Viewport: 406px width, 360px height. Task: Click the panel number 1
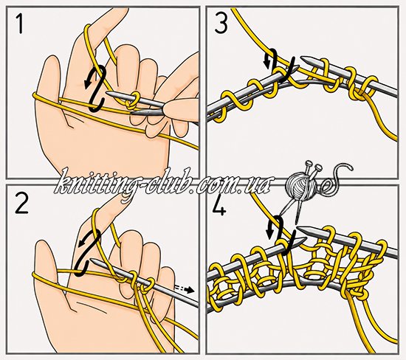pyautogui.click(x=19, y=24)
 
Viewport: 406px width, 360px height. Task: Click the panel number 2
pyautogui.click(x=21, y=204)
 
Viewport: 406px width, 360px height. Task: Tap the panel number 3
pyautogui.click(x=221, y=24)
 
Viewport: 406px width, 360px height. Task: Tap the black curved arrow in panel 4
pyautogui.click(x=282, y=234)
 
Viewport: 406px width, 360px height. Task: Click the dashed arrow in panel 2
pyautogui.click(x=185, y=289)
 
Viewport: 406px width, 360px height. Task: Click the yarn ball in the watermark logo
pyautogui.click(x=301, y=185)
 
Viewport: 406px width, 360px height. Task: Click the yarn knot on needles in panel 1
pyautogui.click(x=132, y=101)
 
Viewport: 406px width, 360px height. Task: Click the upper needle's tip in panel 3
pyautogui.click(x=303, y=58)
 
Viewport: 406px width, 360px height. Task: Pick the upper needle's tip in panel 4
pyautogui.click(x=300, y=228)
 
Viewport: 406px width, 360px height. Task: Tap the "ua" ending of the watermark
pyautogui.click(x=261, y=186)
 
